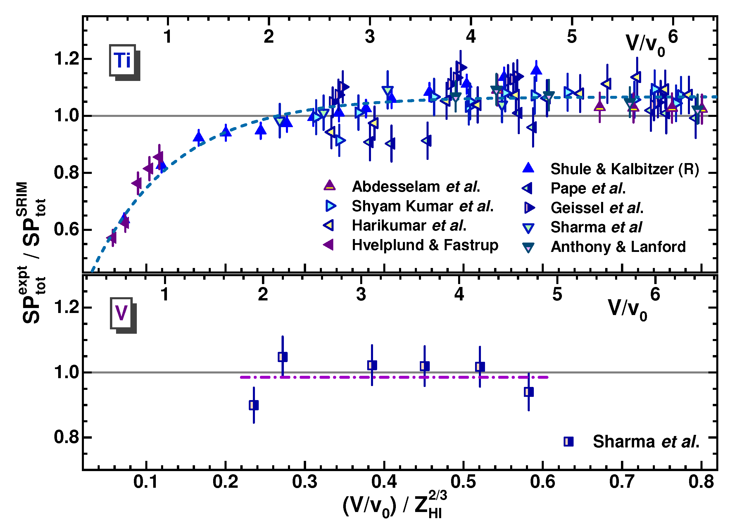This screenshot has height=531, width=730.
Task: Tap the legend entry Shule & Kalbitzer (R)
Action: [x=624, y=169]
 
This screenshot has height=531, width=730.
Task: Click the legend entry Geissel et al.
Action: [x=597, y=208]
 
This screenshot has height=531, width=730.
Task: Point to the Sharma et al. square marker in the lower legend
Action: [x=569, y=442]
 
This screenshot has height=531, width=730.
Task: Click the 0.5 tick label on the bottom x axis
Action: [x=463, y=482]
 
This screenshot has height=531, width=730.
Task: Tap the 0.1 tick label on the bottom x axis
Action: [x=146, y=482]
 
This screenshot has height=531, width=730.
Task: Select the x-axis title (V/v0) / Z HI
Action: [x=395, y=505]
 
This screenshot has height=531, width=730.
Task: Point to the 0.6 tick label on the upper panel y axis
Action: [x=66, y=230]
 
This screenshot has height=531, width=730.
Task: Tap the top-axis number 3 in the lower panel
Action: [x=361, y=295]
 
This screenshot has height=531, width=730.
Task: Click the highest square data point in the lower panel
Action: [x=283, y=357]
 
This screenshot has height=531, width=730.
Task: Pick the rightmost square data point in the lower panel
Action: [x=529, y=392]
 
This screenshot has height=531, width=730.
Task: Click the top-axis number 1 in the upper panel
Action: [x=168, y=37]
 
